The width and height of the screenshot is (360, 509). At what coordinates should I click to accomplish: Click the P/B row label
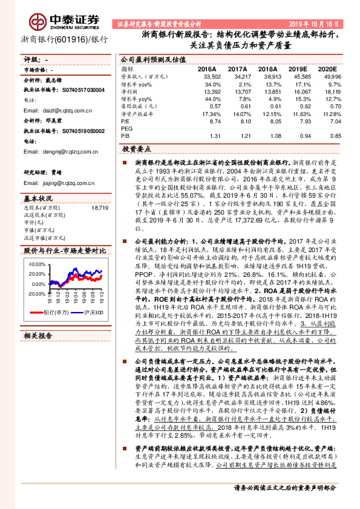click(x=125, y=136)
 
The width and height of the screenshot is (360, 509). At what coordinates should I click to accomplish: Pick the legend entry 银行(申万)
click(x=55, y=312)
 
